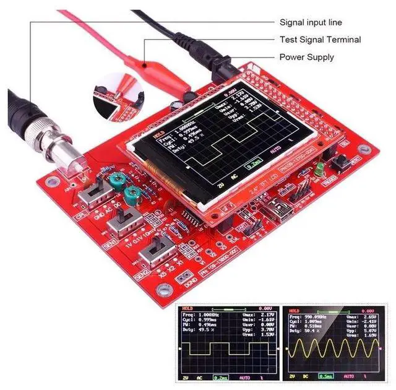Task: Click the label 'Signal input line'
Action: [x=311, y=22]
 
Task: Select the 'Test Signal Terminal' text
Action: [x=319, y=40]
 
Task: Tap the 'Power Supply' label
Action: [x=307, y=57]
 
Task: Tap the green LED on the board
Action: [x=319, y=168]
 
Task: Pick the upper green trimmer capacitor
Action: [x=115, y=180]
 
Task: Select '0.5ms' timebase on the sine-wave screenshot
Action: [x=325, y=375]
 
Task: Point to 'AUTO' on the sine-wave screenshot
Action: [x=350, y=375]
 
